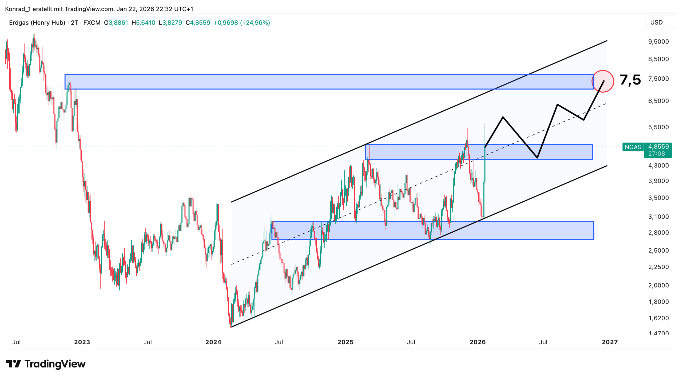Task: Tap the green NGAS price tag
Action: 633,147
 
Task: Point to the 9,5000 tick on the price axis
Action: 658,42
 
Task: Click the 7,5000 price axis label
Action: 658,79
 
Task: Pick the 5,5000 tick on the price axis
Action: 658,127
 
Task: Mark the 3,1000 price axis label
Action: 658,217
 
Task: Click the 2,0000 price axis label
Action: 658,285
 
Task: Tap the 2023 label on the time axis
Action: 82,342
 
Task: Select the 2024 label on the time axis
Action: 213,342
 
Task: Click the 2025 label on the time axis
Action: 345,342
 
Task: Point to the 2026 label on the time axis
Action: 477,342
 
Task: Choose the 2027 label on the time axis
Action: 609,342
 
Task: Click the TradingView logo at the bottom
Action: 46,364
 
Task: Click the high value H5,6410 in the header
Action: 143,23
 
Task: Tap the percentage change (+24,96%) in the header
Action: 255,23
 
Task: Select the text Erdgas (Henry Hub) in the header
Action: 37,23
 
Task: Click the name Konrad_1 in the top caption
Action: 18,9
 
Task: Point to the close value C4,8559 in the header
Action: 198,23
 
